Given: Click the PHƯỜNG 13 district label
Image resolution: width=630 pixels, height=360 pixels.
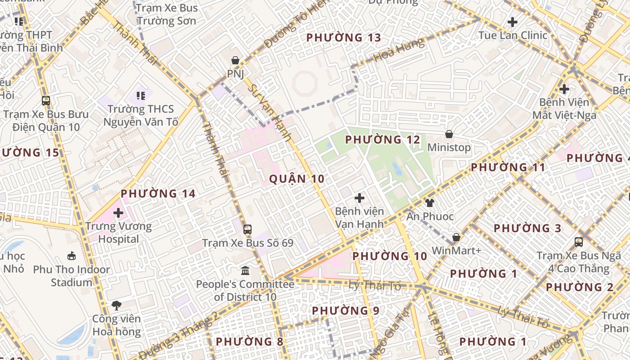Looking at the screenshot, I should pos(344,38).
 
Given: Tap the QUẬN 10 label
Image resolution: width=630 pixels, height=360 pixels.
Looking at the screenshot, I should pos(297,179).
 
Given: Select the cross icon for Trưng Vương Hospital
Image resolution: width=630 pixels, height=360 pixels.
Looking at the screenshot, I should pos(118,213).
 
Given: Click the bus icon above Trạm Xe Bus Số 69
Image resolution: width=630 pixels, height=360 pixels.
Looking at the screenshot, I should pos(247,229).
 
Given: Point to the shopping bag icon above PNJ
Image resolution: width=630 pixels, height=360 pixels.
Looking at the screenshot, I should pos(235,60).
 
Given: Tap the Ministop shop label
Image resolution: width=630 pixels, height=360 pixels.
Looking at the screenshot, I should pos(449,148).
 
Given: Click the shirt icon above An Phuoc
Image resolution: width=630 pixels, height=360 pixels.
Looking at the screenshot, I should pos(430,203).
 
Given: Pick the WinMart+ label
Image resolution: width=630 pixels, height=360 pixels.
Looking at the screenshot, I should pos(456,250).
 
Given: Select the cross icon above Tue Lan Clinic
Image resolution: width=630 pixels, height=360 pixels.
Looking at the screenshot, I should pos(512,22).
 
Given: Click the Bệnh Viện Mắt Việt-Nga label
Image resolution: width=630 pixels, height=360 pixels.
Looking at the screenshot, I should pos(564,109).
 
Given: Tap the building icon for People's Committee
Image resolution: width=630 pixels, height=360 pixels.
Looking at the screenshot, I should pos(245,270).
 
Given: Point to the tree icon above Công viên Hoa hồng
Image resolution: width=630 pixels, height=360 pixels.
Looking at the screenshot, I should pos(117,306).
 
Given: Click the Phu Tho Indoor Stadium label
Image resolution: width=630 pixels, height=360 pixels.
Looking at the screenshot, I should pos(72,276).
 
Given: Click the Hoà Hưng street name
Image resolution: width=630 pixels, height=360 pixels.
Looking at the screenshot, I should pos(399,50).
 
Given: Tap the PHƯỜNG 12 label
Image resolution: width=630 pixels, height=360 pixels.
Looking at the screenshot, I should pos(382,140).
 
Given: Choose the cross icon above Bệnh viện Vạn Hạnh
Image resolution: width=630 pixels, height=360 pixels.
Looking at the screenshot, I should pos(359,198).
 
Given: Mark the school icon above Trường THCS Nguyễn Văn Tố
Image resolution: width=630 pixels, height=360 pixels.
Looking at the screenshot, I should pos(141,95).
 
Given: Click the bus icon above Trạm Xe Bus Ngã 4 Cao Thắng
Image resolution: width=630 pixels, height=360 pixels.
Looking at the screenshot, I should pos(579,242).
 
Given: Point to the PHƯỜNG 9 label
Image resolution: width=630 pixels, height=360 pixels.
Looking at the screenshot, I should pos(346,311).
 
